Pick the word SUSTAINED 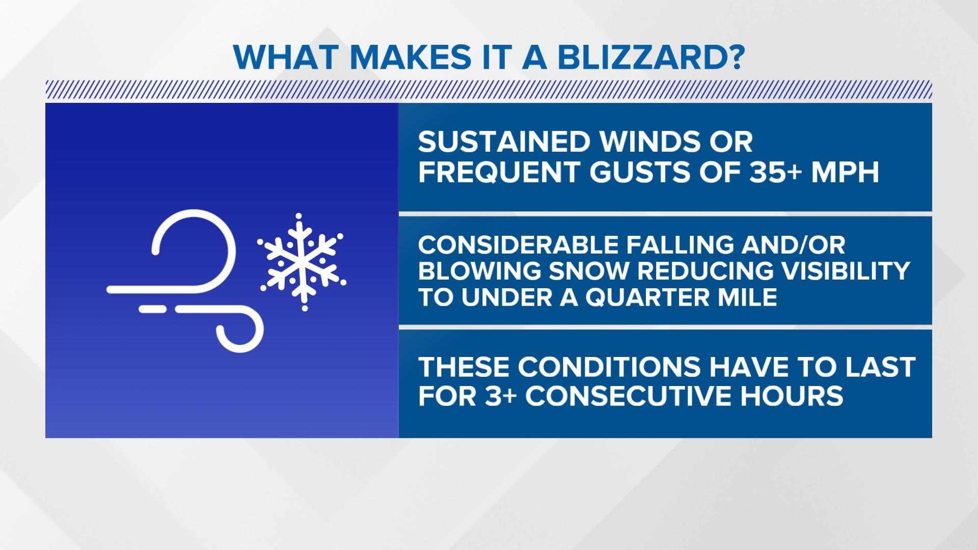504,142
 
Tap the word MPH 846,173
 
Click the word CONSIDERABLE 518,245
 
